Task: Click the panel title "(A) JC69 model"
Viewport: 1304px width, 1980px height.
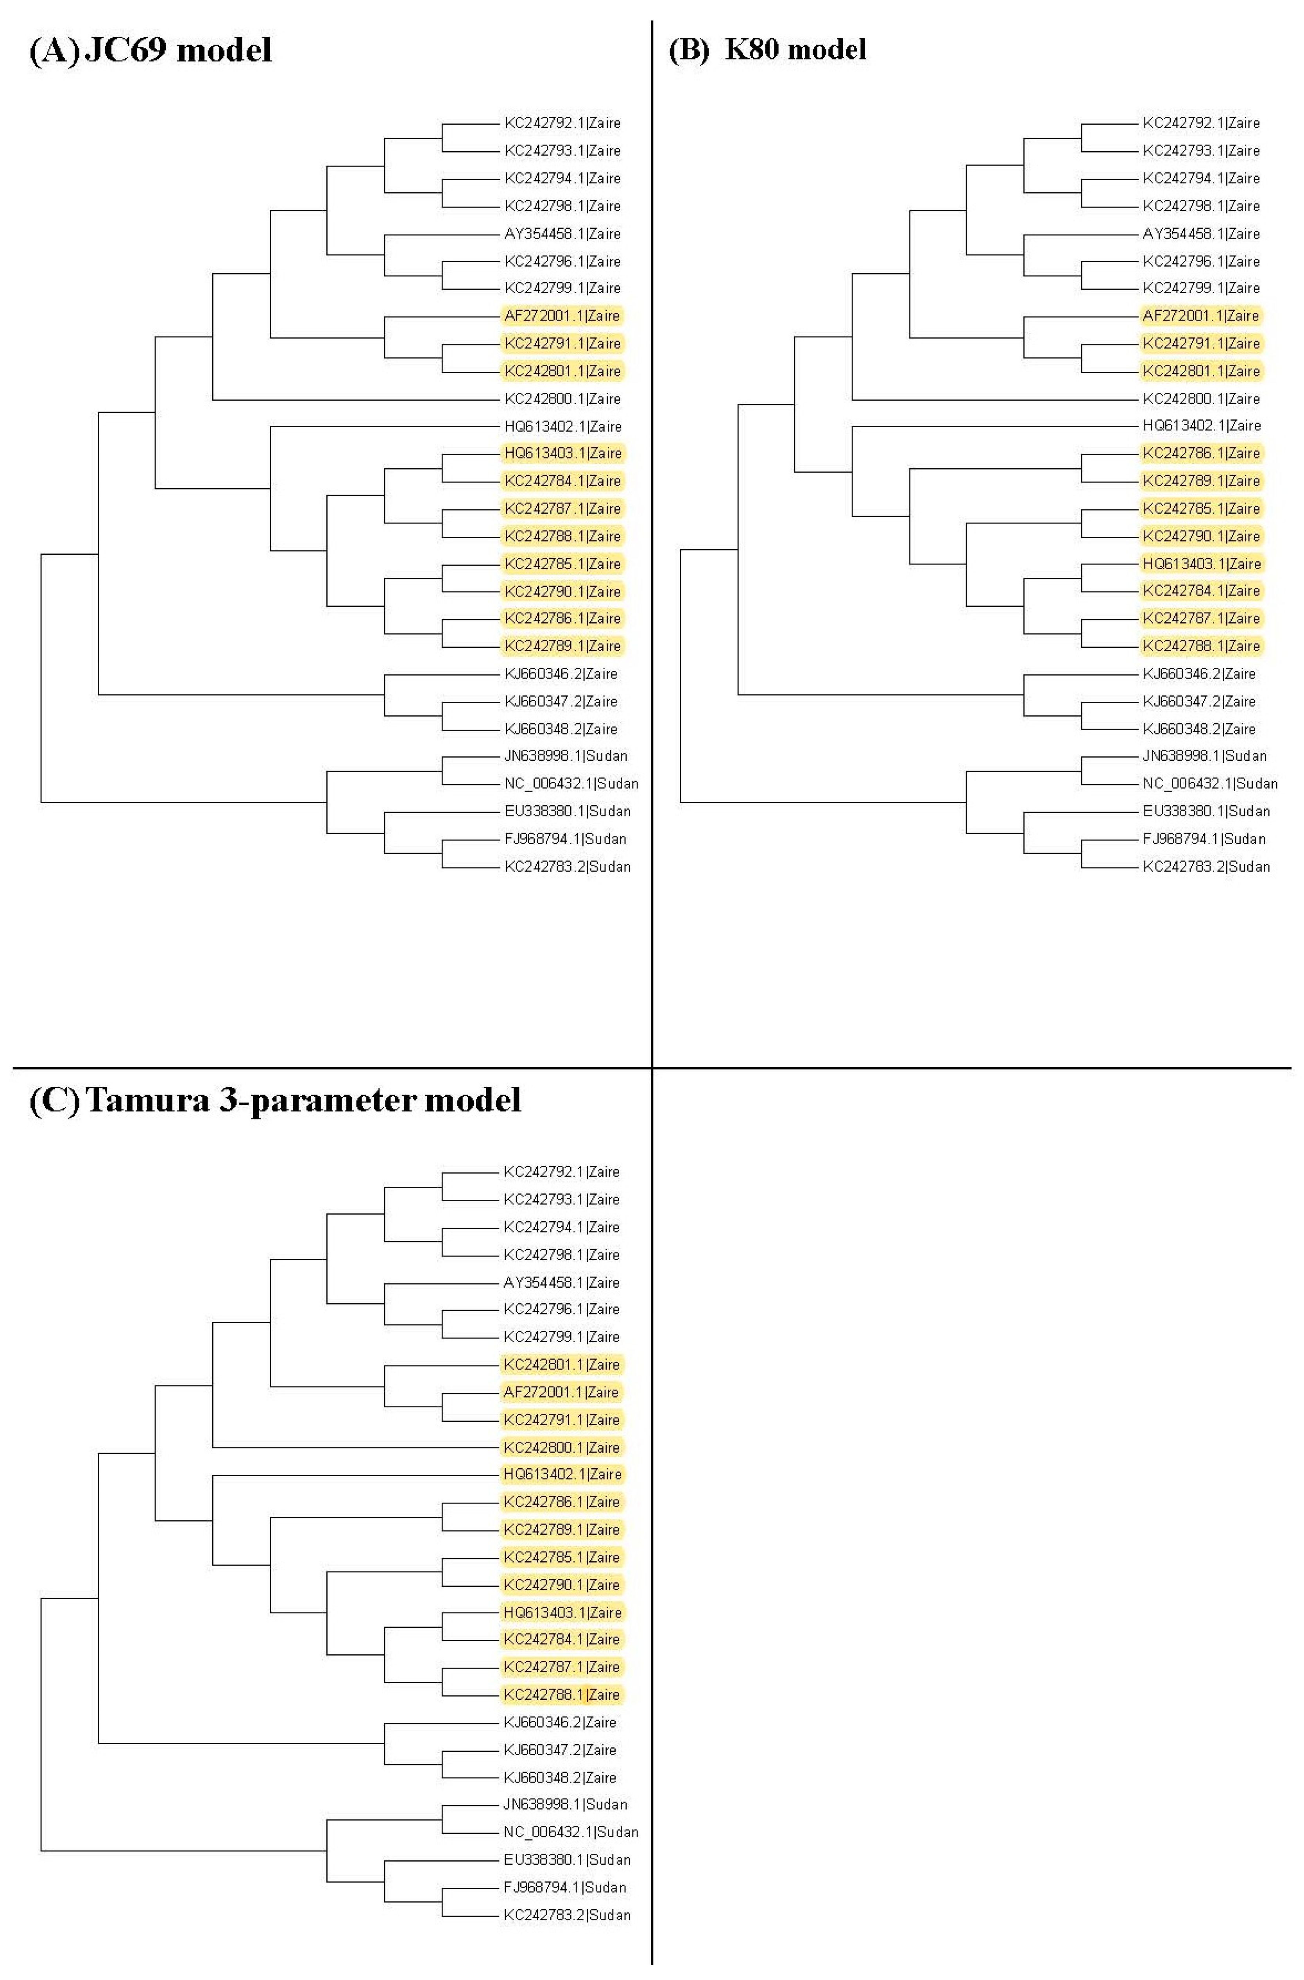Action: point(150,51)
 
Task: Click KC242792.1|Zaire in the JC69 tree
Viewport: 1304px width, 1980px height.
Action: point(562,123)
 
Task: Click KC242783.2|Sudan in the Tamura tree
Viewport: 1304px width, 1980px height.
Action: point(566,1914)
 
